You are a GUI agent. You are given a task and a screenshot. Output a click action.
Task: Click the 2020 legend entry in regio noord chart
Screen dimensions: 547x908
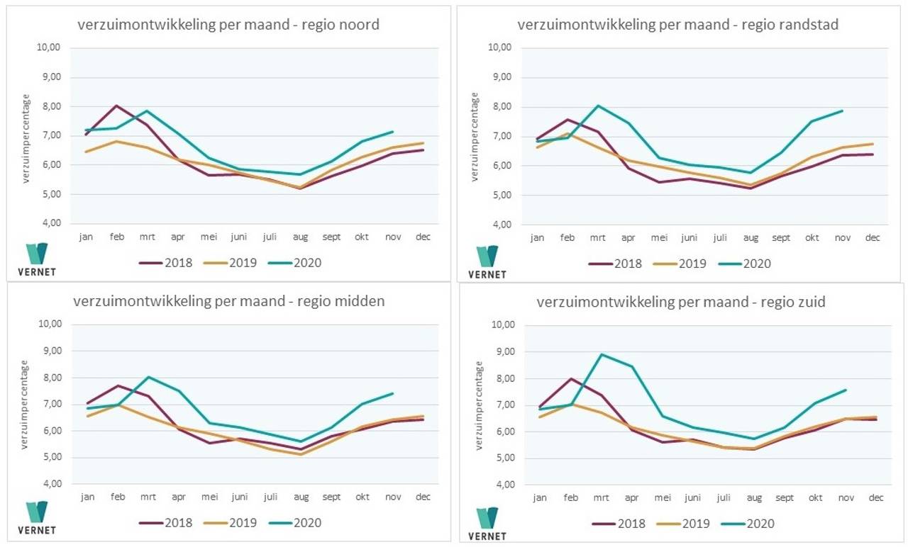pos(294,263)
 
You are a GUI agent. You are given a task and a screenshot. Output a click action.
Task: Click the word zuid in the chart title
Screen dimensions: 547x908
pos(810,303)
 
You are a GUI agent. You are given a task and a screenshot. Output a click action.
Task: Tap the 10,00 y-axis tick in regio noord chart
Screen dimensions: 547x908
pos(49,47)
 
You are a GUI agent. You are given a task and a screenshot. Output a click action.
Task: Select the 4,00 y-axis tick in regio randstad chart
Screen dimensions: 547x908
pos(502,225)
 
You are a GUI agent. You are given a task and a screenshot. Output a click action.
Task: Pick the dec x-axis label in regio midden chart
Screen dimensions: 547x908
pos(422,497)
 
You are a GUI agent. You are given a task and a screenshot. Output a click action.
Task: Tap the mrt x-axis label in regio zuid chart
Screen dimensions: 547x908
pos(602,498)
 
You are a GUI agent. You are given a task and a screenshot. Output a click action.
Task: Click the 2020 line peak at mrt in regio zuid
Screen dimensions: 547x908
pos(602,354)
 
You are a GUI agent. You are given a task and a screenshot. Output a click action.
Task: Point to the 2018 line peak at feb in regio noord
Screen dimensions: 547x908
pos(116,106)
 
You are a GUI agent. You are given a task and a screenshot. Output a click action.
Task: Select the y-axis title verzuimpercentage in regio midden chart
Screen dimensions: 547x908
pos(25,404)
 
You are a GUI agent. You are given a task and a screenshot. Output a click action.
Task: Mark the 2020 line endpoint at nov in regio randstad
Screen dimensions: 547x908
pos(842,111)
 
